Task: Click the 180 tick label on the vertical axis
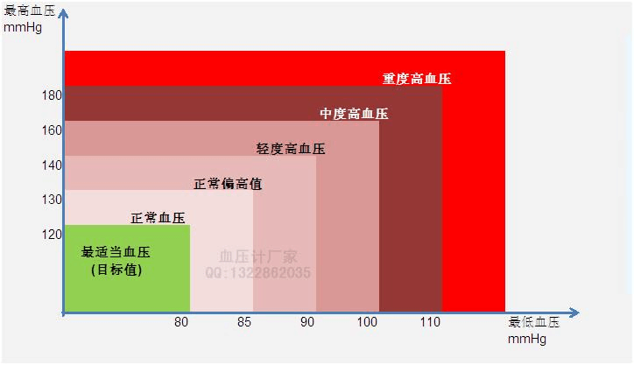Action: (51, 95)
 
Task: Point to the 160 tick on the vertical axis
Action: (51, 130)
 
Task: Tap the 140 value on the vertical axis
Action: (51, 165)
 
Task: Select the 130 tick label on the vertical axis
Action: (51, 200)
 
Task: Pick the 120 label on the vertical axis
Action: (51, 234)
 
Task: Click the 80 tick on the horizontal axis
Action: (181, 321)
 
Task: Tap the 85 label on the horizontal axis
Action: (244, 322)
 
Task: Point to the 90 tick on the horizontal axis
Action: (307, 322)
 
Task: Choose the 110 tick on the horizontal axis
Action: (431, 322)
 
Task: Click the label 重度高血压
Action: (417, 79)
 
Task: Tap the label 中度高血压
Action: (354, 114)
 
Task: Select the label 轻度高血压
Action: (291, 149)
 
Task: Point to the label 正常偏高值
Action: (228, 184)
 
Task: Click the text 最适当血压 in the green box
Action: (116, 252)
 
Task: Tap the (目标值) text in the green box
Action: (116, 270)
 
